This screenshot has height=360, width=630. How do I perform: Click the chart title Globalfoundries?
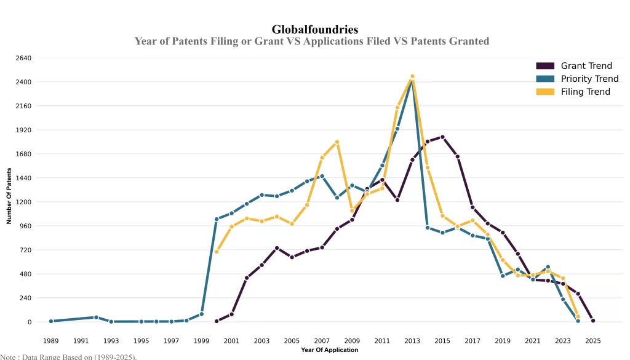point(314,30)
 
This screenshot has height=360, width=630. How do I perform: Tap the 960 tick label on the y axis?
point(25,226)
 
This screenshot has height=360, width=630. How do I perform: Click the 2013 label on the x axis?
point(412,340)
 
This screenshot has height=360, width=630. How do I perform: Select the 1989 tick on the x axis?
point(51,340)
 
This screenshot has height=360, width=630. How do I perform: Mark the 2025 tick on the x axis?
point(593,340)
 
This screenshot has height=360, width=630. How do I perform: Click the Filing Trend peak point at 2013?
point(412,76)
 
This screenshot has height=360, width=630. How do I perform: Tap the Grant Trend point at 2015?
point(442,137)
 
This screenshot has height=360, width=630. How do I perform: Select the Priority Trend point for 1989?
point(51,321)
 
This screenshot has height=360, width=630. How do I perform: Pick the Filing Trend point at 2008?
point(337,142)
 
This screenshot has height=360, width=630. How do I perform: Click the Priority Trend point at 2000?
point(217,219)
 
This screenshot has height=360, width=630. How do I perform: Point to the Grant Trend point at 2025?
point(593,321)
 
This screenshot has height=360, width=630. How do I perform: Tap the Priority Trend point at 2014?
point(428,228)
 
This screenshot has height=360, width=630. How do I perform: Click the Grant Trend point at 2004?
point(277,248)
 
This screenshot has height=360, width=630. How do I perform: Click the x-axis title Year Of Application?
point(329,350)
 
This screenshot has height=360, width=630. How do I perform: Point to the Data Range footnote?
point(68,356)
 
